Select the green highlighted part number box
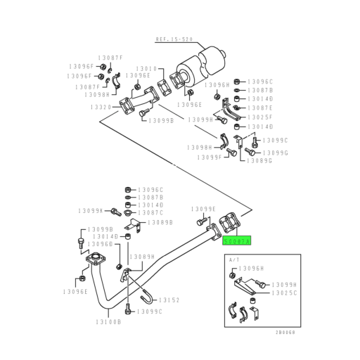pos(236,240)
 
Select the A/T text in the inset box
pos(234,260)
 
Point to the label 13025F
pos(262,117)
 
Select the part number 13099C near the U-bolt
pos(150,311)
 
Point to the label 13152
pos(169,300)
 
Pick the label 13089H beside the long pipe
pos(142,257)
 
